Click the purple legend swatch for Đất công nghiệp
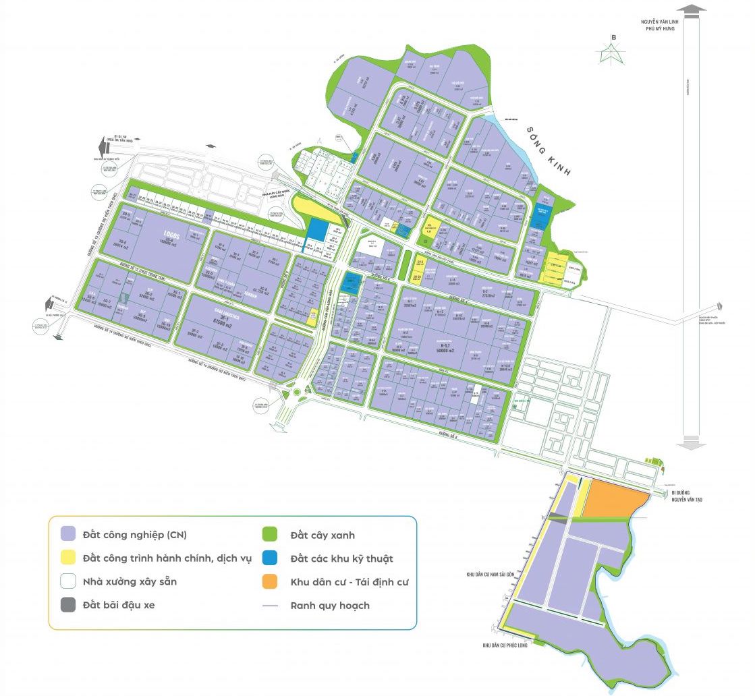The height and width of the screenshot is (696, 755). [67, 534]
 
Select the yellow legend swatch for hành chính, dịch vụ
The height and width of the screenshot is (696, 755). [67, 558]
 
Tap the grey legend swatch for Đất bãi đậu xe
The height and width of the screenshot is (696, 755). [67, 604]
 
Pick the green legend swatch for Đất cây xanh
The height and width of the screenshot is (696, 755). [270, 534]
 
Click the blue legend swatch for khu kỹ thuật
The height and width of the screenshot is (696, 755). [270, 558]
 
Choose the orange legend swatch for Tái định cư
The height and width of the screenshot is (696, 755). [270, 581]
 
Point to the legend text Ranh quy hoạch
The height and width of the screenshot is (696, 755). [330, 605]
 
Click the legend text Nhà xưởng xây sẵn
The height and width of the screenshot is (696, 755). [130, 581]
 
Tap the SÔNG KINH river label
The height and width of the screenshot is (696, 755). [548, 152]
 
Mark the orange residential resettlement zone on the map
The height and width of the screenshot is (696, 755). [611, 500]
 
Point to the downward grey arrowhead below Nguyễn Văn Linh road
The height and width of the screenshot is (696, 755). [692, 443]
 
